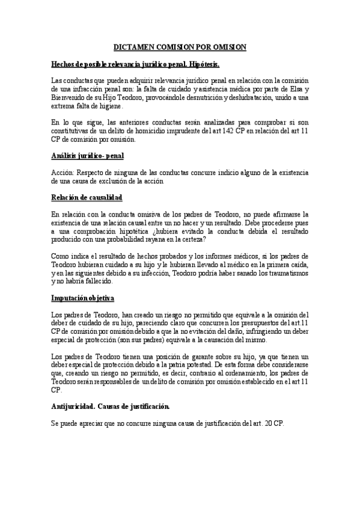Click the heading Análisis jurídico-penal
tap(87, 156)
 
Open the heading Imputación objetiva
tap(83, 298)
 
